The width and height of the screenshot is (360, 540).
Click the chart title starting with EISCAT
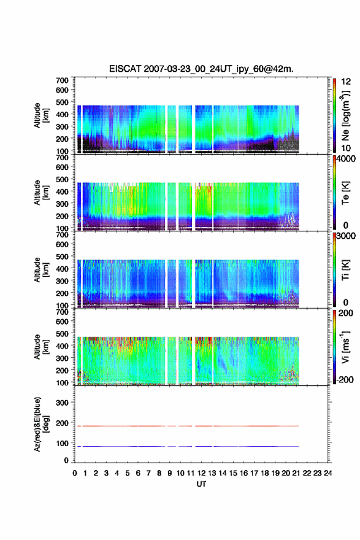pyautogui.click(x=201, y=69)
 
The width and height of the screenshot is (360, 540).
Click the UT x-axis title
pyautogui.click(x=201, y=484)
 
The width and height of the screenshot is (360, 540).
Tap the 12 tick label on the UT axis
pyautogui.click(x=201, y=473)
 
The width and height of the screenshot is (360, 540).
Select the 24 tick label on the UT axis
pyautogui.click(x=328, y=473)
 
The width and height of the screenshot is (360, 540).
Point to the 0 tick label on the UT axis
pyautogui.click(x=75, y=473)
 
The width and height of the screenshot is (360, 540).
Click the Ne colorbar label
pyautogui.click(x=346, y=115)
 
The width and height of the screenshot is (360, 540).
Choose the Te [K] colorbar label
pyautogui.click(x=345, y=193)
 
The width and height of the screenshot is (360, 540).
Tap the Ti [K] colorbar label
pyautogui.click(x=345, y=269)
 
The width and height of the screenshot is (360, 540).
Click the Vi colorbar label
pyautogui.click(x=345, y=347)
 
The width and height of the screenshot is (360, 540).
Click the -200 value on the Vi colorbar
pyautogui.click(x=345, y=379)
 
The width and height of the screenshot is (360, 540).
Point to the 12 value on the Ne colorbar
pyautogui.click(x=346, y=82)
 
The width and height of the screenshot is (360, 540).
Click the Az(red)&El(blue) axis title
pyautogui.click(x=41, y=424)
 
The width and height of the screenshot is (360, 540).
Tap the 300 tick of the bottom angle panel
pyautogui.click(x=62, y=403)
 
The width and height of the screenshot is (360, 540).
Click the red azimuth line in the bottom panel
pyautogui.click(x=188, y=426)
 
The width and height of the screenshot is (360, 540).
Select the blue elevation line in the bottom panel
pyautogui.click(x=188, y=446)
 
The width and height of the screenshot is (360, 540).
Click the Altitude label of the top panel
pyautogui.click(x=41, y=115)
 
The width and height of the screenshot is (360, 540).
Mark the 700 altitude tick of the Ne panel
pyautogui.click(x=62, y=80)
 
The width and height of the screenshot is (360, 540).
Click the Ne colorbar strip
pyautogui.click(x=334, y=115)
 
